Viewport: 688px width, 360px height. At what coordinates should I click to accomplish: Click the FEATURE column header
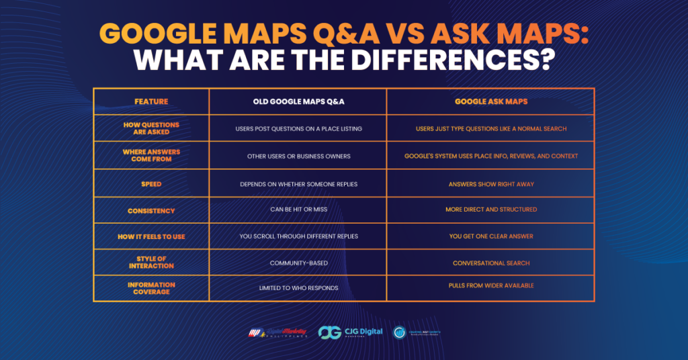pyautogui.click(x=151, y=101)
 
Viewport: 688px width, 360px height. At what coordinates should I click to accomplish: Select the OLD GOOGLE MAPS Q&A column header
pyautogui.click(x=298, y=101)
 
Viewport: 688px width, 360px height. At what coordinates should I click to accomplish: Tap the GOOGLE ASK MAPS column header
pyautogui.click(x=490, y=101)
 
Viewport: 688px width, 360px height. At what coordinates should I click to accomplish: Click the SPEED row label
pyautogui.click(x=151, y=183)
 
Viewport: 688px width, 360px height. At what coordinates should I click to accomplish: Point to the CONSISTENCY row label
pyautogui.click(x=151, y=210)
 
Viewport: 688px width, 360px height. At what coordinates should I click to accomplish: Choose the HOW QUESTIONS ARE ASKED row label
pyautogui.click(x=151, y=128)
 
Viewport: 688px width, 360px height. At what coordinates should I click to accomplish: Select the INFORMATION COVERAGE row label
pyautogui.click(x=151, y=288)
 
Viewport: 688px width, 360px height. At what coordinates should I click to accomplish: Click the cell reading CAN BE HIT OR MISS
pyautogui.click(x=298, y=210)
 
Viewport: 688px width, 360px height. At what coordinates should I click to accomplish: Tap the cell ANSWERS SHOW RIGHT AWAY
pyautogui.click(x=490, y=183)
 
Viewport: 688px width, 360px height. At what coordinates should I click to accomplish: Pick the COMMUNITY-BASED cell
pyautogui.click(x=298, y=263)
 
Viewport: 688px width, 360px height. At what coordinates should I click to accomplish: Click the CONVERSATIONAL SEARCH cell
pyautogui.click(x=490, y=263)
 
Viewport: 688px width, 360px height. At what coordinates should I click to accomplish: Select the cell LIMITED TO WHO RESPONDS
pyautogui.click(x=298, y=288)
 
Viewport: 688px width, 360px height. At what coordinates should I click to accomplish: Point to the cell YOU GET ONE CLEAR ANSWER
pyautogui.click(x=490, y=236)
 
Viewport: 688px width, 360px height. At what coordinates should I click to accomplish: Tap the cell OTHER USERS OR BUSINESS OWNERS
pyautogui.click(x=298, y=156)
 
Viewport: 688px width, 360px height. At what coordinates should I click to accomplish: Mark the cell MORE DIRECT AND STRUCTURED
pyautogui.click(x=490, y=210)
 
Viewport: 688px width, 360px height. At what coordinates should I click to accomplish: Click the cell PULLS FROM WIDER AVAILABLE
pyautogui.click(x=490, y=285)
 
